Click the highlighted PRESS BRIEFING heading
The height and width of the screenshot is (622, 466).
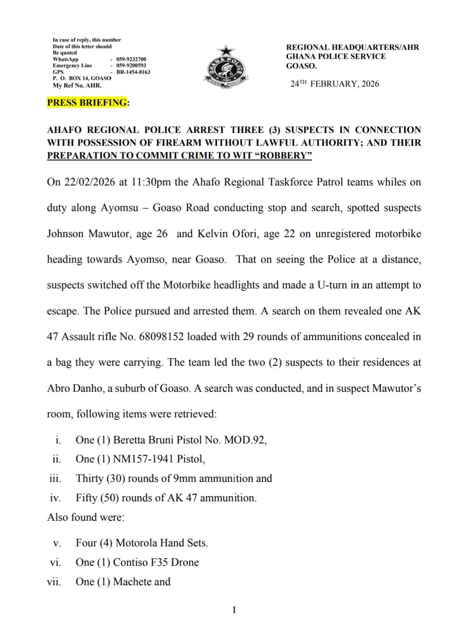(x=87, y=102)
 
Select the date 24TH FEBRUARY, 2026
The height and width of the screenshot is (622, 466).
(x=334, y=84)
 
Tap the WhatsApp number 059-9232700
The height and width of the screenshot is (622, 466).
(x=131, y=60)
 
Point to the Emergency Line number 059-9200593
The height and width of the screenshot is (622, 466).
(x=131, y=66)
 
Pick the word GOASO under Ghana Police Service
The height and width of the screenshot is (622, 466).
(x=301, y=66)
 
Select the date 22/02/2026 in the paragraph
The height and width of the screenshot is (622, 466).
(x=90, y=182)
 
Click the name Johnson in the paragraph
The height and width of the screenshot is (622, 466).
(x=65, y=234)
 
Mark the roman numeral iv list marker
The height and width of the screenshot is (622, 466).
(x=55, y=498)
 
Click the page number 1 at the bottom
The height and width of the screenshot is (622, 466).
(x=234, y=610)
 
